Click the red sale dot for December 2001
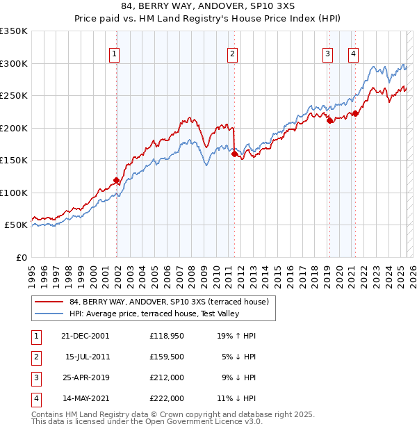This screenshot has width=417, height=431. pos(116,181)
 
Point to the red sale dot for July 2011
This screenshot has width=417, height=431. pos(234,154)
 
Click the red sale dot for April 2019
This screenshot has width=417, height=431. pos(329,120)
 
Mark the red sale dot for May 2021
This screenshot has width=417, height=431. pos(355,114)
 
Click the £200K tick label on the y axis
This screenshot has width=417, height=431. pos(14,128)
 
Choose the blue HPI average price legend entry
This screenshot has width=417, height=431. pos(154,314)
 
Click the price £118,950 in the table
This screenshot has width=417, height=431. pos(166,336)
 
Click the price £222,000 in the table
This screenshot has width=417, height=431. pos(166,398)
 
